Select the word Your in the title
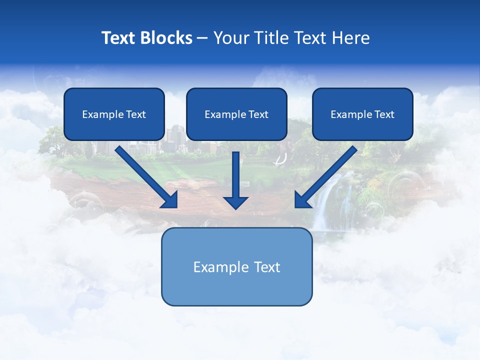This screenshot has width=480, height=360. tap(230, 38)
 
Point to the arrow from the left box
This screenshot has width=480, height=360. tap(145, 175)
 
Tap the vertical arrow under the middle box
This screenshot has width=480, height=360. tap(235, 175)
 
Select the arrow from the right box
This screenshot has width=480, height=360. tap(327, 175)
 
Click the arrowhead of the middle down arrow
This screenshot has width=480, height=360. tap(235, 202)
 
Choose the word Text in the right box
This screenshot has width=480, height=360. tap(384, 114)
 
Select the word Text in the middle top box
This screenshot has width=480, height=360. tap(258, 114)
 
